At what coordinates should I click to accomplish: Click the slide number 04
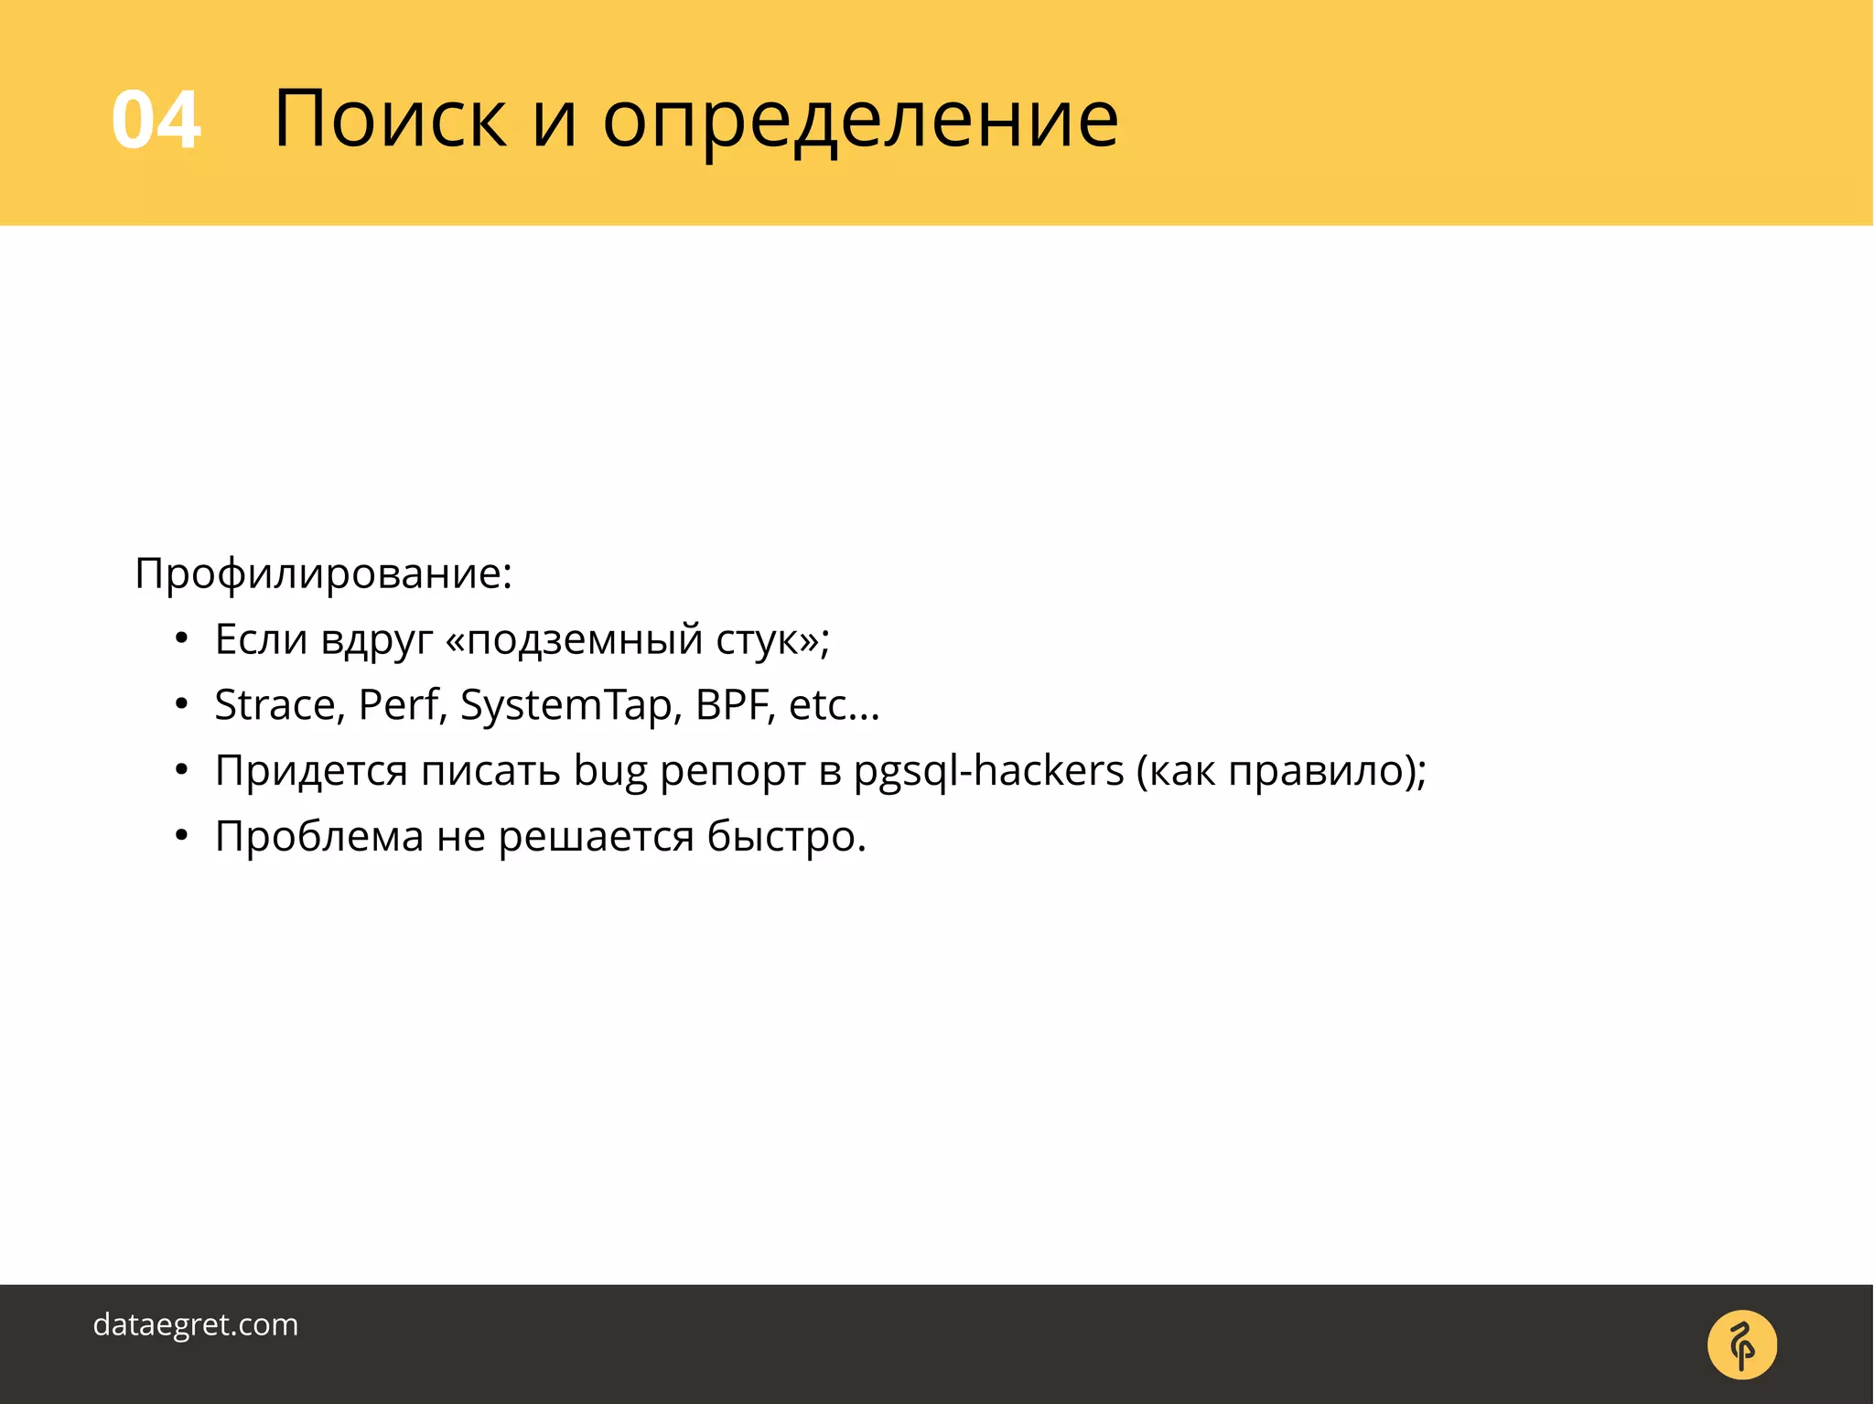click(156, 120)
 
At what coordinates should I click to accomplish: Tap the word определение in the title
click(860, 120)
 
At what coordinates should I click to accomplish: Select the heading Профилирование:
click(323, 573)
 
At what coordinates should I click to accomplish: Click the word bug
click(610, 771)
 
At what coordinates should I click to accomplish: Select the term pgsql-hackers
click(988, 771)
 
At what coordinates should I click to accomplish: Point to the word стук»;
click(772, 639)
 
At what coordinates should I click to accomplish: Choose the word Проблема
click(319, 836)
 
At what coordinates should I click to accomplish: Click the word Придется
click(311, 771)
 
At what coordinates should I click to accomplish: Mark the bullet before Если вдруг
click(182, 639)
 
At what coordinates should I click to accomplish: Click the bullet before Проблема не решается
click(182, 836)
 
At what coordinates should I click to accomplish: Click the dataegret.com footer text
click(196, 1324)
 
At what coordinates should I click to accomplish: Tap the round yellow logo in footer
click(1741, 1345)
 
